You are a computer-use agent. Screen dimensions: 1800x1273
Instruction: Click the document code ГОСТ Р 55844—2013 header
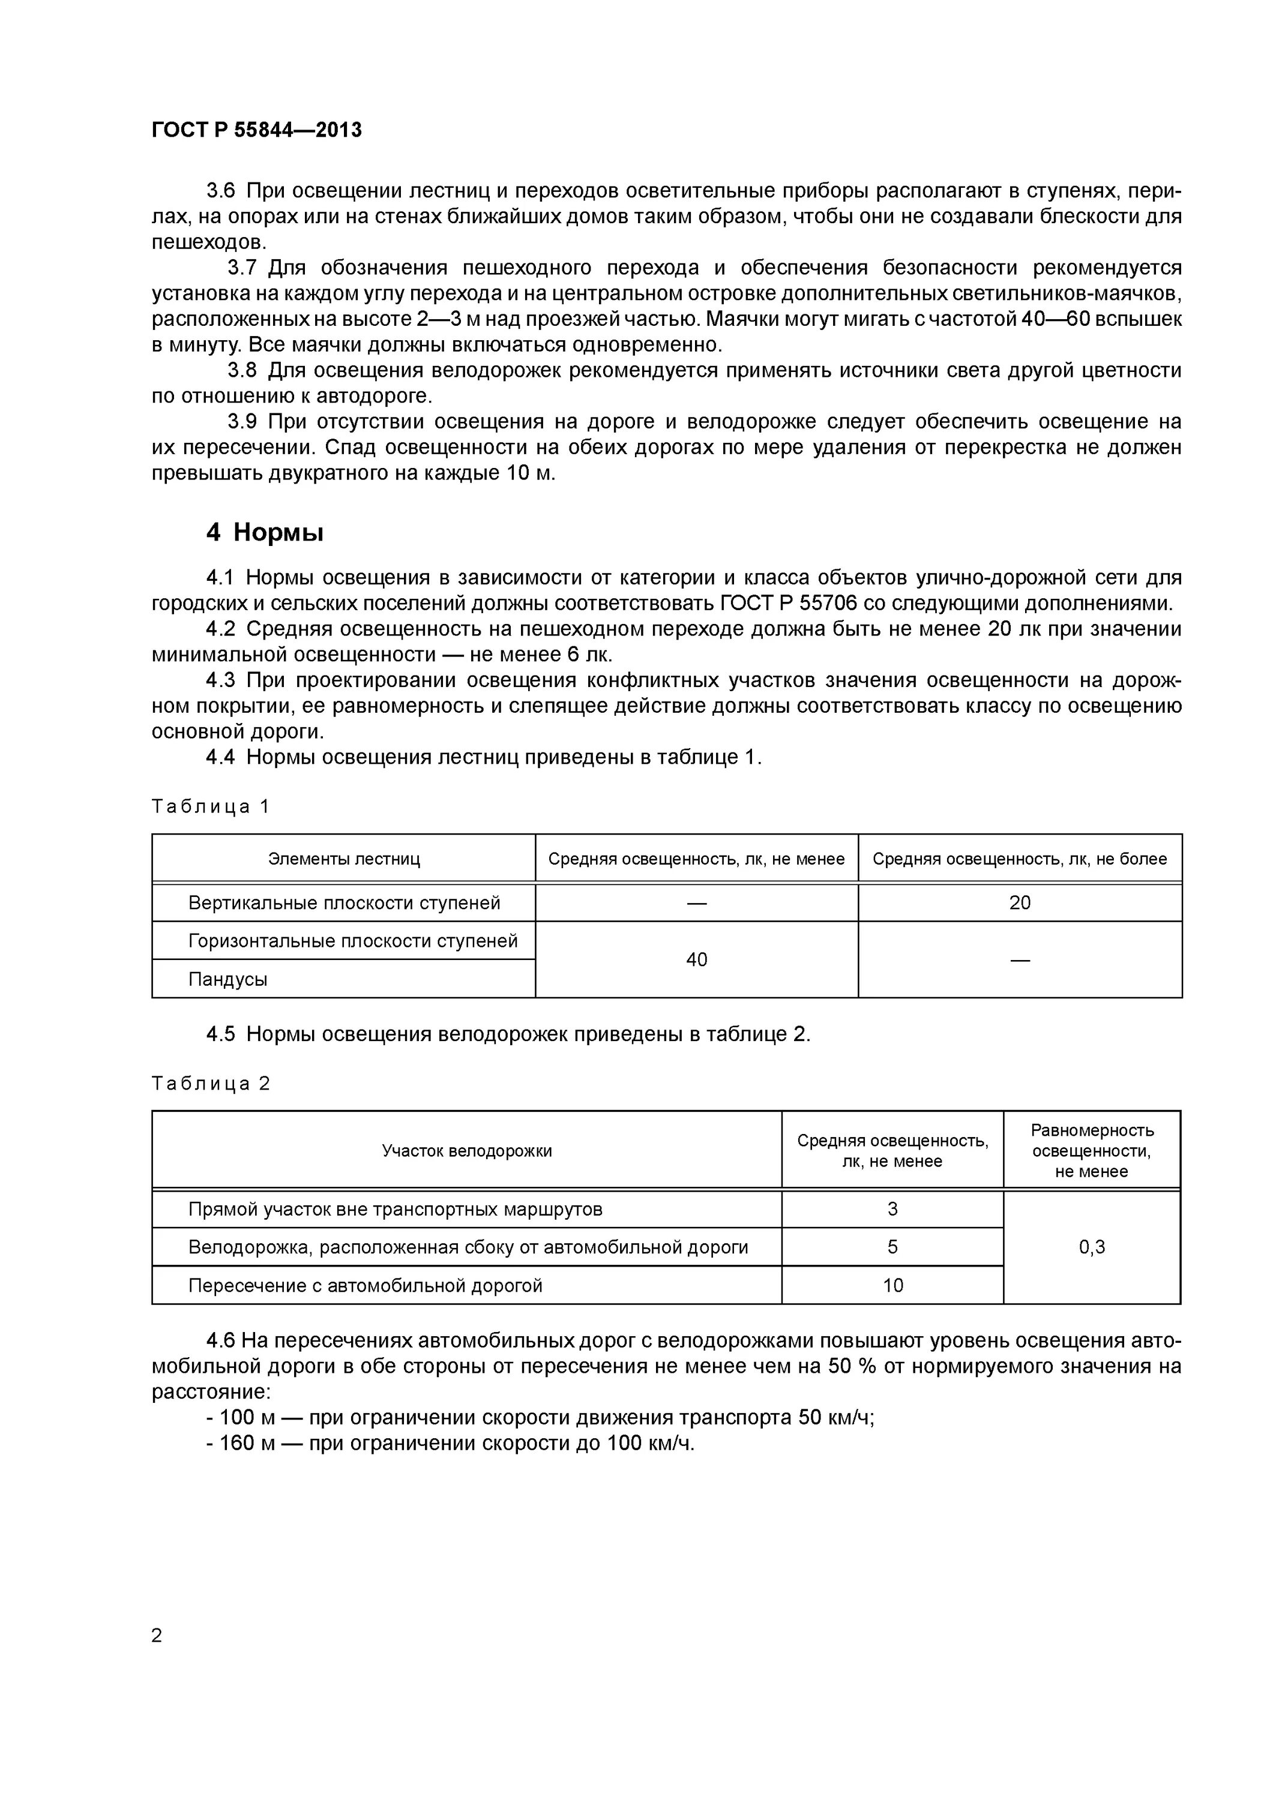tap(256, 130)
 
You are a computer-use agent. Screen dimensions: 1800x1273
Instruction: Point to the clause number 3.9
tap(242, 422)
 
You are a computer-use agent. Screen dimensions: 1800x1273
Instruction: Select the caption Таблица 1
tap(210, 806)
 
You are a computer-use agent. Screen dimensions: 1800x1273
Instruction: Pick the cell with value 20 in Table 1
tap(1019, 902)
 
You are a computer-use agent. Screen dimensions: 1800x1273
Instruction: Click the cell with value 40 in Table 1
tap(696, 959)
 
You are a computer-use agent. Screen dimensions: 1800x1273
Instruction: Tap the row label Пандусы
tap(227, 979)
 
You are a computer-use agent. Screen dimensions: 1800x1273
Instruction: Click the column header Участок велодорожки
tap(467, 1150)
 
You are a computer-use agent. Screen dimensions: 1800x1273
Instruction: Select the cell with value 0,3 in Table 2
tap(1091, 1247)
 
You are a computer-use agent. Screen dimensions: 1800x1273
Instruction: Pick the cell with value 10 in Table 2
tap(892, 1285)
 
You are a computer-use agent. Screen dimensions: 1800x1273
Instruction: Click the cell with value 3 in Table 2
tap(892, 1209)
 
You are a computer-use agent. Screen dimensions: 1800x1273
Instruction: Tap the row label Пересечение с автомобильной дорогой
tap(365, 1285)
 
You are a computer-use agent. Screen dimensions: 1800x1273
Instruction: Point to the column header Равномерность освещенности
tap(1091, 1150)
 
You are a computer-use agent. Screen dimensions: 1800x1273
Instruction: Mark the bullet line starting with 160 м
tap(450, 1443)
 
